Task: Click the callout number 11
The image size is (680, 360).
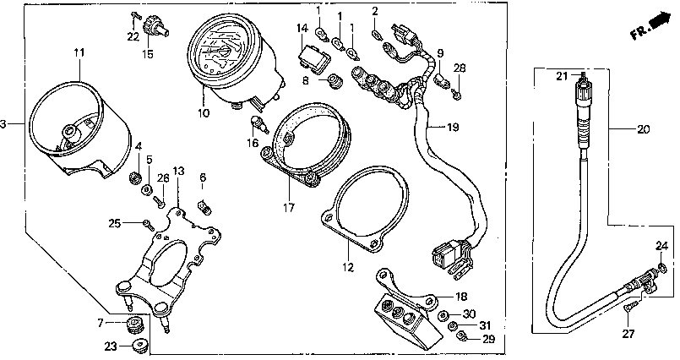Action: tap(79, 53)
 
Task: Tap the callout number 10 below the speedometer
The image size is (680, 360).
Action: tap(203, 112)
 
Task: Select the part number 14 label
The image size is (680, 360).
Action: tap(302, 29)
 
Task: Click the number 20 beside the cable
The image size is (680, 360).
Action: tap(644, 130)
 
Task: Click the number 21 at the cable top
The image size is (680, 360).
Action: tap(560, 77)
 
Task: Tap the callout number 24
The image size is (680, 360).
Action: tap(661, 247)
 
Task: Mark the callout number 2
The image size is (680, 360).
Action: tap(374, 10)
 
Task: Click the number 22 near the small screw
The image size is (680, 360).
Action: tap(133, 35)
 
